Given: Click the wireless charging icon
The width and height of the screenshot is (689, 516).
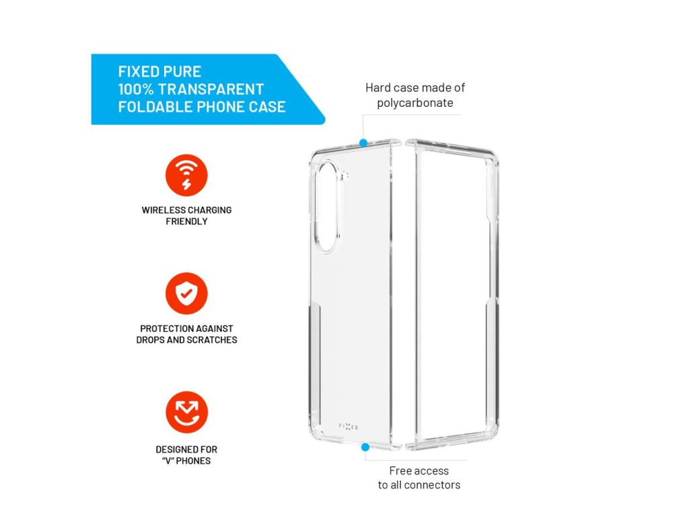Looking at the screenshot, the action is click(x=186, y=175).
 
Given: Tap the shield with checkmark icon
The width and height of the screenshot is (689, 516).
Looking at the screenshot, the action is click(x=186, y=294).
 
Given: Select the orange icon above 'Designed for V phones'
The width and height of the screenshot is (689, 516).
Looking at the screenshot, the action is click(x=186, y=412).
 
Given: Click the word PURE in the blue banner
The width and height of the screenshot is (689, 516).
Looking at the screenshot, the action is click(x=182, y=71).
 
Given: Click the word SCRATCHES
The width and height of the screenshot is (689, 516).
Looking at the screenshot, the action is click(x=213, y=340).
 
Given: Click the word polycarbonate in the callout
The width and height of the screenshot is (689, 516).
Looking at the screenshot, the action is click(x=414, y=103).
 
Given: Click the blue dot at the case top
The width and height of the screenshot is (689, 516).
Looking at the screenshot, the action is click(x=363, y=142).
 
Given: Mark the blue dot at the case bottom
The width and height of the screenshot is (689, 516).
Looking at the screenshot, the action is click(x=365, y=446).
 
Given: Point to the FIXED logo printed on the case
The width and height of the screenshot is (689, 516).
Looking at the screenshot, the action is click(x=349, y=427).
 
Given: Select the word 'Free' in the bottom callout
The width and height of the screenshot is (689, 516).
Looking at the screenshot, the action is click(x=402, y=470).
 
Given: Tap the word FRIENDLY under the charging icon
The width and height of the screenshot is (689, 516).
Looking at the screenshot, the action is click(x=186, y=221).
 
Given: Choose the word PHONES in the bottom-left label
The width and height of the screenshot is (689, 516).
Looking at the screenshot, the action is click(x=194, y=460).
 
